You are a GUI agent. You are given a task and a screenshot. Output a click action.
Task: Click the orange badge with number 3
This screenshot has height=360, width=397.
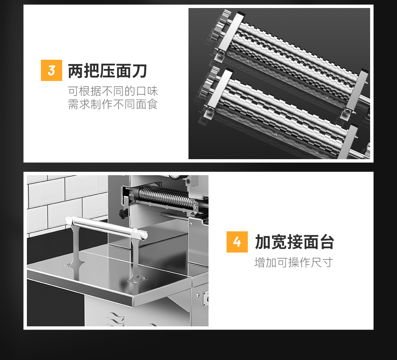tap(51, 71)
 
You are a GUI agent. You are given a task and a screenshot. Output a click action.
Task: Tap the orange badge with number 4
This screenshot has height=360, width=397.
tap(237, 242)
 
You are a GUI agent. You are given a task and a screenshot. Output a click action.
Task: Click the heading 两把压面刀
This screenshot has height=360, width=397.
tap(107, 71)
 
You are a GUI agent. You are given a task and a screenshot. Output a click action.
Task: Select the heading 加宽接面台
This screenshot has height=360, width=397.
tap(295, 242)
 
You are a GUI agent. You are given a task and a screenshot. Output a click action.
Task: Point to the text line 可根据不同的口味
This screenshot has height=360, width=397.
tap(113, 91)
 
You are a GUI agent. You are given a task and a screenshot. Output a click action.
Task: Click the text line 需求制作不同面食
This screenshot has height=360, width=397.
tap(113, 104)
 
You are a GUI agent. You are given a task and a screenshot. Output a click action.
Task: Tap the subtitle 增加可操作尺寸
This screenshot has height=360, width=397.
tap(294, 263)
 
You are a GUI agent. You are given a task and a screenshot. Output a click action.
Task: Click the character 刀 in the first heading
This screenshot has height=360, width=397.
tap(140, 71)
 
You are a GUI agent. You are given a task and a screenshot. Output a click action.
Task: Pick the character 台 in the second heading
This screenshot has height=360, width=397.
tap(327, 242)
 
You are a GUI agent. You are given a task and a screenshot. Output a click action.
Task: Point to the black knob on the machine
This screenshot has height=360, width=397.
tap(123, 214)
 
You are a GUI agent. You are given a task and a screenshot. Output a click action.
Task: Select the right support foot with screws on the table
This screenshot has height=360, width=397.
tap(137, 279)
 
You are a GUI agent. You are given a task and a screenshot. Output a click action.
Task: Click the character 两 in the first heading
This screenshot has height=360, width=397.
tap(75, 71)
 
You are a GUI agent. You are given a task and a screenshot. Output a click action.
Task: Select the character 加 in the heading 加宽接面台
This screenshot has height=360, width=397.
tap(263, 242)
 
